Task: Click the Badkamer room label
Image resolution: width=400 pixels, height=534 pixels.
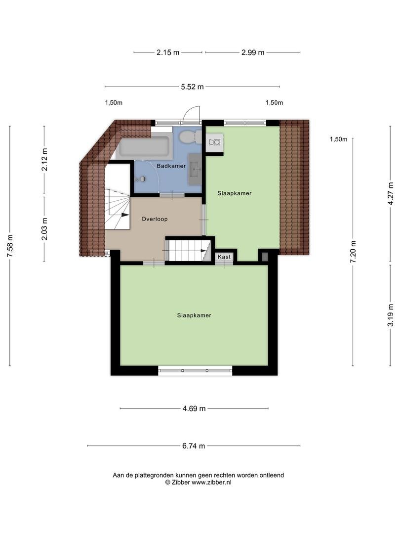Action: coord(171,166)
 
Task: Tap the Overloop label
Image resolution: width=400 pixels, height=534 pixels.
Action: coord(155,219)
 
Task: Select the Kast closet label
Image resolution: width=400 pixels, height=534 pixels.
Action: coord(224,257)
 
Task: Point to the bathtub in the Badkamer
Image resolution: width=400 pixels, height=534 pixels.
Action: coord(144,147)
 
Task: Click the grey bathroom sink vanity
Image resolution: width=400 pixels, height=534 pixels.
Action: coord(195,169)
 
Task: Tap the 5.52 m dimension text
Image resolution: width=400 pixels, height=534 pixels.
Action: coord(192,87)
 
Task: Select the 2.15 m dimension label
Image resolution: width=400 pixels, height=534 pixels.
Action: coord(168,52)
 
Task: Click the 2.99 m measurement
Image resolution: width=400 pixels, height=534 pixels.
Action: coord(253,52)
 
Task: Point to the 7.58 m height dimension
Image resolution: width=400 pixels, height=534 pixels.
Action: coord(10,246)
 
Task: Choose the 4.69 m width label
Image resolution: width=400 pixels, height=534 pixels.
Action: coord(194,408)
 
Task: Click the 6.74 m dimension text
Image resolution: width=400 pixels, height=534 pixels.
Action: coord(194,446)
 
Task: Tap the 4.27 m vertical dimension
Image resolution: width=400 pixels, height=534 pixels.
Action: coord(391,193)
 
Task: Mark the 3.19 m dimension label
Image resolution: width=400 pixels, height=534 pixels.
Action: coord(391,315)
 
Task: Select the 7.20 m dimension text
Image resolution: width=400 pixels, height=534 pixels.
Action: coord(353,252)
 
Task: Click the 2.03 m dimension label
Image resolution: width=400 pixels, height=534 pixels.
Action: coord(44,228)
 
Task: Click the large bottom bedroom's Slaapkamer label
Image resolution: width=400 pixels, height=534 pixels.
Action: coord(194,315)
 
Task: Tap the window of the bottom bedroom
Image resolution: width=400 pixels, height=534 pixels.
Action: coord(195,370)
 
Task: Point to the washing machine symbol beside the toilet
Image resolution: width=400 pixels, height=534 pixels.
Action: coord(215,142)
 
